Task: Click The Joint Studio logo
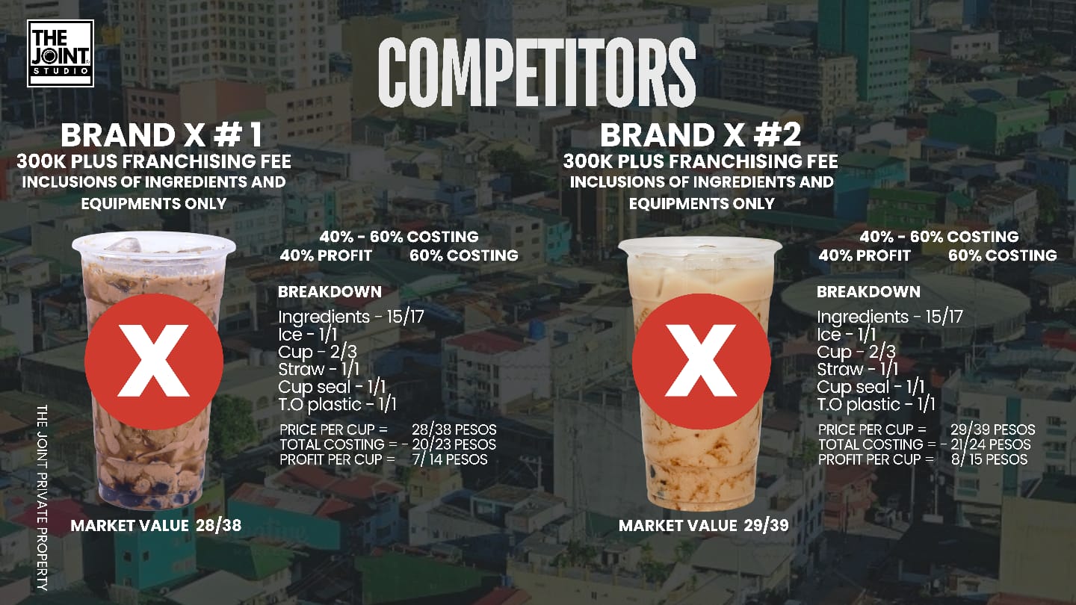[61, 53]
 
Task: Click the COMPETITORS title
[537, 72]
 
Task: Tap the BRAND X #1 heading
[162, 135]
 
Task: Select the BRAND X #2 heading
[700, 135]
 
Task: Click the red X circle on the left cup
[154, 361]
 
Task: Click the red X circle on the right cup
[702, 361]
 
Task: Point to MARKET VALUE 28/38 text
[155, 525]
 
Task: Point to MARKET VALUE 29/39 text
[704, 525]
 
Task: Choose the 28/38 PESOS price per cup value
[454, 429]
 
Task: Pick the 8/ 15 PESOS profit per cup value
[989, 459]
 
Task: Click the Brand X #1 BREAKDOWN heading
[330, 291]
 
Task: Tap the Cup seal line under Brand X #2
[871, 387]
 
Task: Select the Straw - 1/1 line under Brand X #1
[318, 369]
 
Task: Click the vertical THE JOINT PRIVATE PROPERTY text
[43, 497]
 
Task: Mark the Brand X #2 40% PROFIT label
[865, 255]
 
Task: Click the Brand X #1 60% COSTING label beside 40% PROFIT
[464, 255]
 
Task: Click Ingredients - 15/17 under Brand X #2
[890, 317]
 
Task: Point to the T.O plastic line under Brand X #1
[337, 405]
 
